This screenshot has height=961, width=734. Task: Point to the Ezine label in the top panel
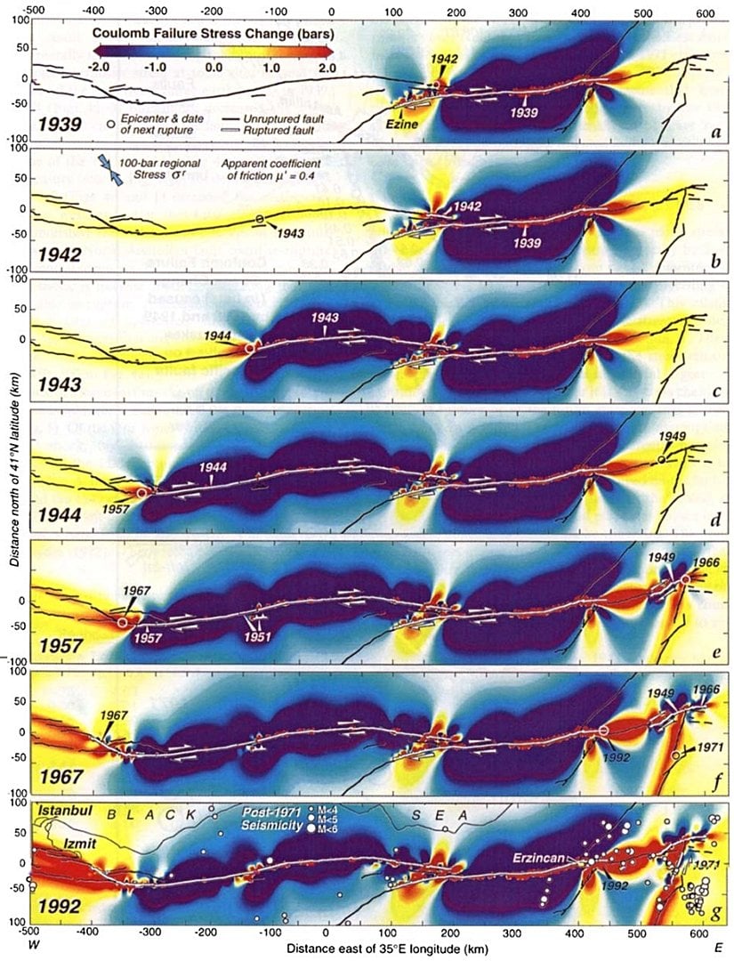401,125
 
